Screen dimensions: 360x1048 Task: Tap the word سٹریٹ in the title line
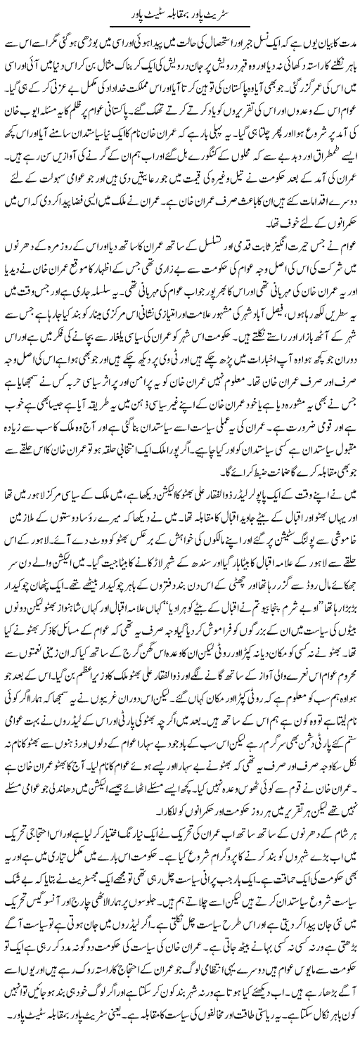pos(225,14)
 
